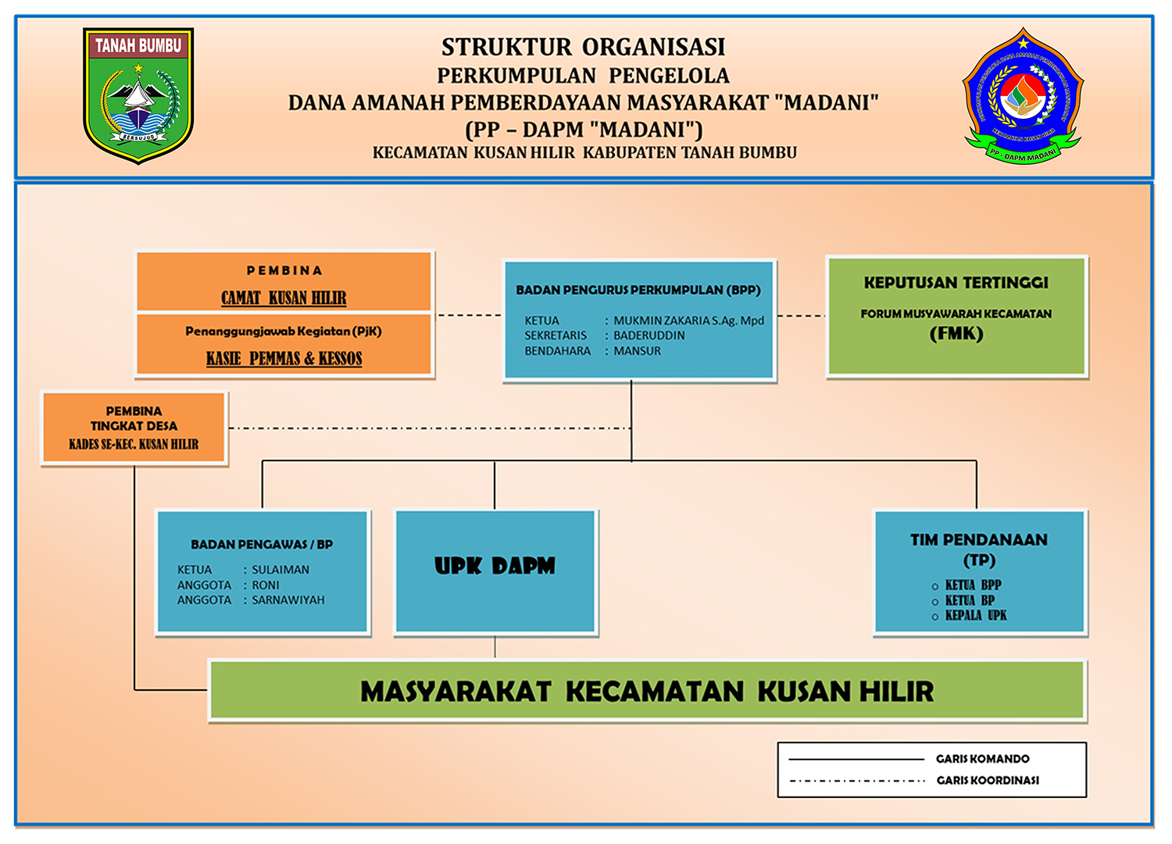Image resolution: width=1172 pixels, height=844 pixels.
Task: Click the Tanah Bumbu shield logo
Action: (138, 95)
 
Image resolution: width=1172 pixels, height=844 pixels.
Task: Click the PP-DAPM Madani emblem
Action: (1023, 96)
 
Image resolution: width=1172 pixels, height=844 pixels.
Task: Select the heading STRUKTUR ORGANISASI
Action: (583, 48)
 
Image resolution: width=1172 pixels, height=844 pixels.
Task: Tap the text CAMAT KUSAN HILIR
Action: (284, 298)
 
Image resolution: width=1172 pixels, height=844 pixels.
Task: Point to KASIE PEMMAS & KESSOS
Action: (284, 359)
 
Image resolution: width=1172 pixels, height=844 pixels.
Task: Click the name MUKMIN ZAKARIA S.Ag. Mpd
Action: (688, 320)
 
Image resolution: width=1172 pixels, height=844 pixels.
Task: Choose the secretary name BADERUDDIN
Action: (649, 335)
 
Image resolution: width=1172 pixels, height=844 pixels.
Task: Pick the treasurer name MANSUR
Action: (637, 351)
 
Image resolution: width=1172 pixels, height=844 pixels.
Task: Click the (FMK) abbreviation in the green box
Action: (956, 334)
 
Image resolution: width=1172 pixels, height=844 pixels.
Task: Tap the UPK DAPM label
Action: (495, 566)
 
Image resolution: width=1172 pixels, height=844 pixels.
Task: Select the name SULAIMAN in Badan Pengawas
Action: (280, 570)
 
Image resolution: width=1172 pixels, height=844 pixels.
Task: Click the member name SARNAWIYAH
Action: (288, 600)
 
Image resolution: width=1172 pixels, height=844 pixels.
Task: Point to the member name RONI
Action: (265, 585)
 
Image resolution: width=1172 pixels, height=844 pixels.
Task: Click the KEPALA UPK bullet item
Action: (975, 616)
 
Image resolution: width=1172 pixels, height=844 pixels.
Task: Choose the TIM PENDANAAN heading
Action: (978, 540)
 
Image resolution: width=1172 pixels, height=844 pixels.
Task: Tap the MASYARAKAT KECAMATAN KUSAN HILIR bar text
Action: (647, 692)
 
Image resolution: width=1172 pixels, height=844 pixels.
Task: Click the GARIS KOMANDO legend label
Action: (982, 759)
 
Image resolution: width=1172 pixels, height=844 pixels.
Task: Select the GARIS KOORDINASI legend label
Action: (988, 780)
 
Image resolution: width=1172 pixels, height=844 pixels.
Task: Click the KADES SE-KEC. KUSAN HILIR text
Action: (134, 445)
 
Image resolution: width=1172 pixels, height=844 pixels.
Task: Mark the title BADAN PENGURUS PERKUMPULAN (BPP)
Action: (638, 290)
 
